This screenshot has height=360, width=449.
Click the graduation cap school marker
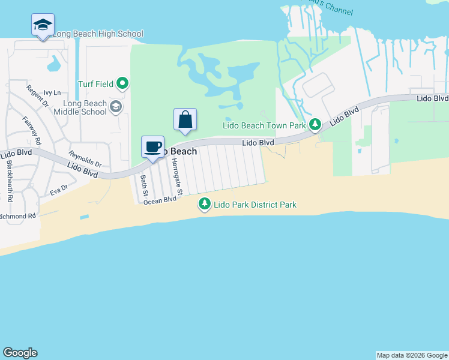click(x=43, y=25)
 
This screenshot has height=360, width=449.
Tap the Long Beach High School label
click(x=98, y=34)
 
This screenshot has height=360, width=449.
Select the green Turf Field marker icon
click(x=123, y=83)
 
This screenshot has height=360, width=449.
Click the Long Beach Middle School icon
click(x=116, y=107)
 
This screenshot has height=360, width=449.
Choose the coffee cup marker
click(x=152, y=146)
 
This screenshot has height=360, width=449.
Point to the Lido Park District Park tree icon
click(x=205, y=205)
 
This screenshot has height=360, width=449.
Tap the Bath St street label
click(x=144, y=185)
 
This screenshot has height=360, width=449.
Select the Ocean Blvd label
click(x=159, y=200)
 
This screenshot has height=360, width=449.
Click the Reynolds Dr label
click(x=85, y=159)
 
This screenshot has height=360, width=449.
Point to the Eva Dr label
click(x=59, y=188)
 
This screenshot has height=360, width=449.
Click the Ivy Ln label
click(x=53, y=93)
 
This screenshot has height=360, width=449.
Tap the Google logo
click(x=20, y=353)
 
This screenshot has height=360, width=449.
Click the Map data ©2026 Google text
click(x=412, y=355)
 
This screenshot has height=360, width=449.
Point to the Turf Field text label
click(x=96, y=83)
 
